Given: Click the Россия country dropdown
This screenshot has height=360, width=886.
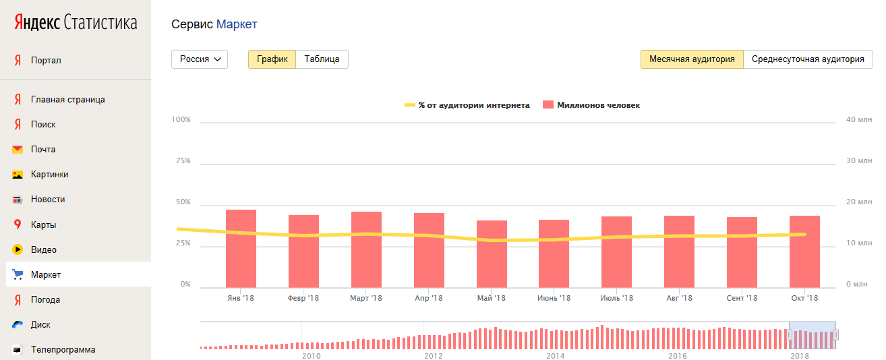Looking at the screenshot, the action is (200, 59).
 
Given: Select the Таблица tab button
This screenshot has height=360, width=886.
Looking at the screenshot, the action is (322, 59).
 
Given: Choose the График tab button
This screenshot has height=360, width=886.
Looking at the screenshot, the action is (272, 59).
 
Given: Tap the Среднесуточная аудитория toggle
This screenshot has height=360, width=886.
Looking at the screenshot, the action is (808, 59).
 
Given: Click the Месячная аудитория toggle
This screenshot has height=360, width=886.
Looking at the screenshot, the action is (692, 59).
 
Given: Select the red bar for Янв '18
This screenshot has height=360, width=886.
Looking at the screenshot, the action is (241, 249).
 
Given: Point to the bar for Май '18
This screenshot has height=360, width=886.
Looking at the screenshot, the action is (492, 254).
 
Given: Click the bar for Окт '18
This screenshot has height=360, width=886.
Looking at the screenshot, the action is (804, 251).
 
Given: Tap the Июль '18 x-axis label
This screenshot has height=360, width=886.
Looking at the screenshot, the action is (617, 298).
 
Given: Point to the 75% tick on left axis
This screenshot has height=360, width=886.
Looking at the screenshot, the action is (183, 160).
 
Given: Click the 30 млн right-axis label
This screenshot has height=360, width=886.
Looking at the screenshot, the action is (859, 160).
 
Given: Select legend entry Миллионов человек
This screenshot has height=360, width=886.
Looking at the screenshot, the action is (591, 105).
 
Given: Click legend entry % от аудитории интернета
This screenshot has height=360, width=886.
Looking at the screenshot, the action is (467, 105).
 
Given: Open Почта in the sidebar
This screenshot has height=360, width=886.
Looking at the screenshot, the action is (43, 150).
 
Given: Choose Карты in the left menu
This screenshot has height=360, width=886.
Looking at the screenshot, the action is (44, 224).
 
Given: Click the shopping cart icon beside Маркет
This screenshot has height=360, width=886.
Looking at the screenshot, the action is (18, 274).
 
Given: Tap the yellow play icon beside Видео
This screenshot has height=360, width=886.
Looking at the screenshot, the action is (18, 249).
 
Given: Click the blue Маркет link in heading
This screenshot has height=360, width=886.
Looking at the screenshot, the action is (237, 24).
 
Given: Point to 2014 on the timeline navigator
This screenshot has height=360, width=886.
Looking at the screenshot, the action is (556, 356).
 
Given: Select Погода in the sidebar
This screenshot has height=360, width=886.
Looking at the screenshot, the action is (45, 300).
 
